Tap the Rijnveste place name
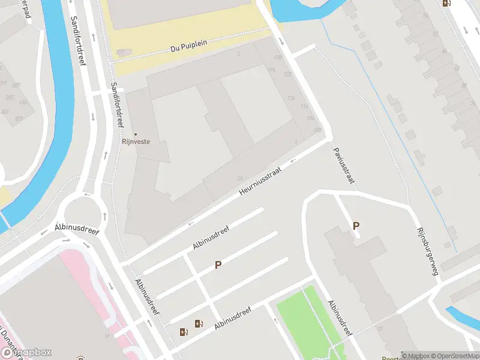click(136, 142)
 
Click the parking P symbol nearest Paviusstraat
click(356, 226)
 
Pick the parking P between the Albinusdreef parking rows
click(218, 265)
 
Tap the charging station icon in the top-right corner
click(446, 3)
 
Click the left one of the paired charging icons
click(184, 331)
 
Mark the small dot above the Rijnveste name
click(135, 134)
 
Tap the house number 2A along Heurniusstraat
click(239, 178)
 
